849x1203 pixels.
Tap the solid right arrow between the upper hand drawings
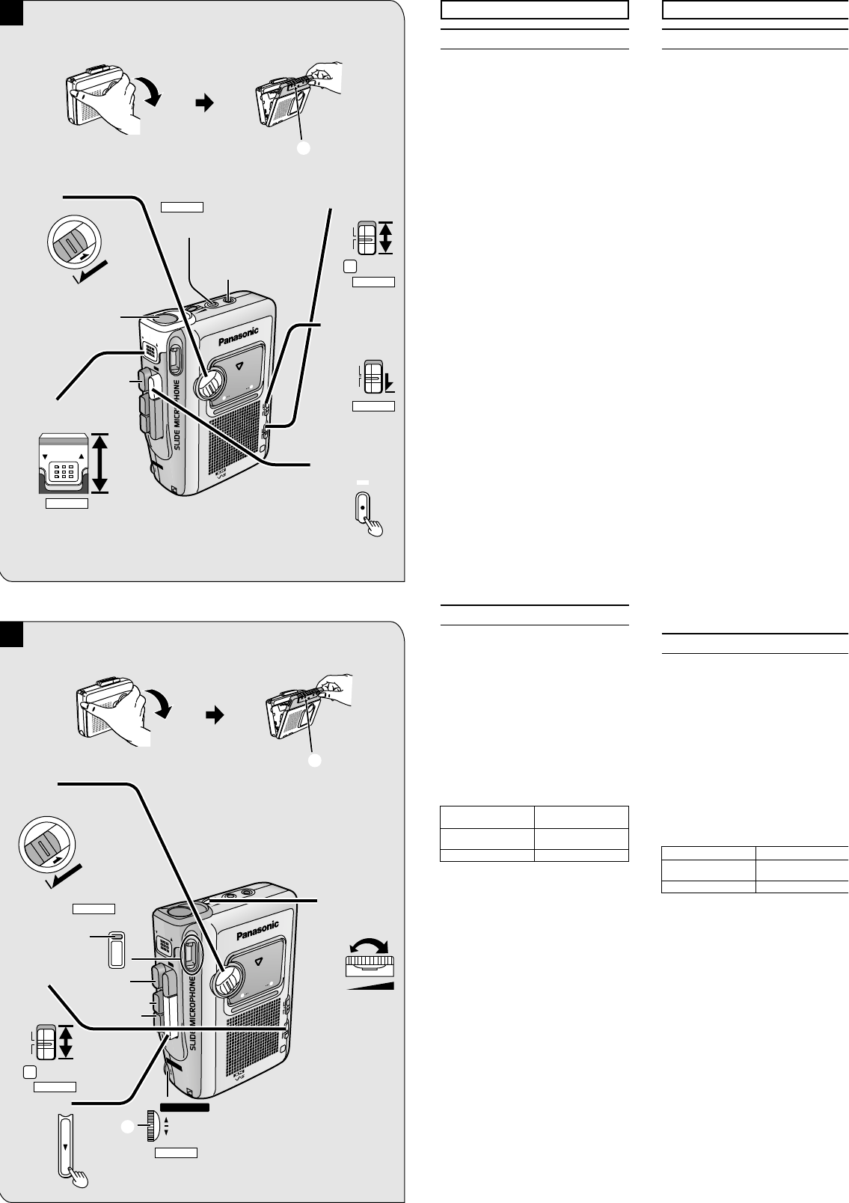(x=205, y=103)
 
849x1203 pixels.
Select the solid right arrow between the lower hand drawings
(x=215, y=715)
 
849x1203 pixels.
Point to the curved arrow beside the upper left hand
(x=150, y=90)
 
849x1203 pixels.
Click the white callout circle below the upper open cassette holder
(x=304, y=148)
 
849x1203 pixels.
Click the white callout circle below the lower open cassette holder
(x=315, y=760)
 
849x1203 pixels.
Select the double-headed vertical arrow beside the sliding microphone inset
(x=100, y=463)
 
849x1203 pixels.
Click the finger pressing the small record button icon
(x=374, y=527)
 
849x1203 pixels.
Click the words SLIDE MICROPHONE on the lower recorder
(x=193, y=1014)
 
